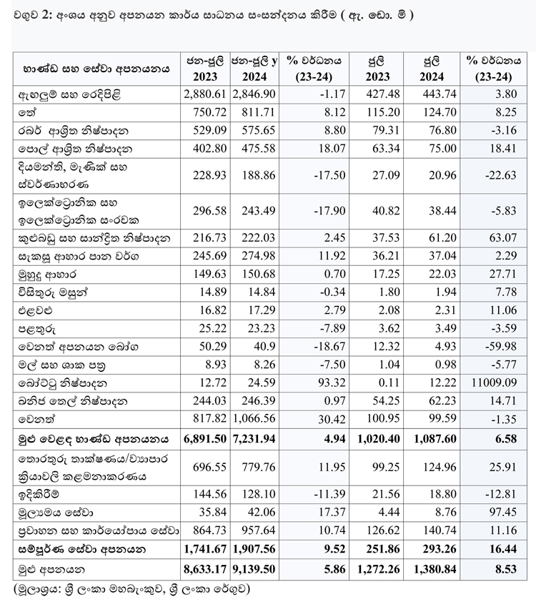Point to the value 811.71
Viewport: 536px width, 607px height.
[254, 112]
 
